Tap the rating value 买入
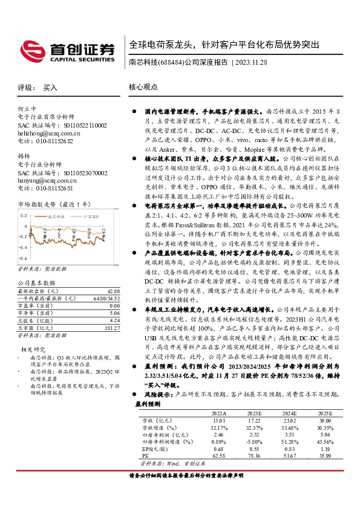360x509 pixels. click(50, 87)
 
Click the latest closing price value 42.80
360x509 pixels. click(113, 291)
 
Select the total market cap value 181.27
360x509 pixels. click(111, 328)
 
